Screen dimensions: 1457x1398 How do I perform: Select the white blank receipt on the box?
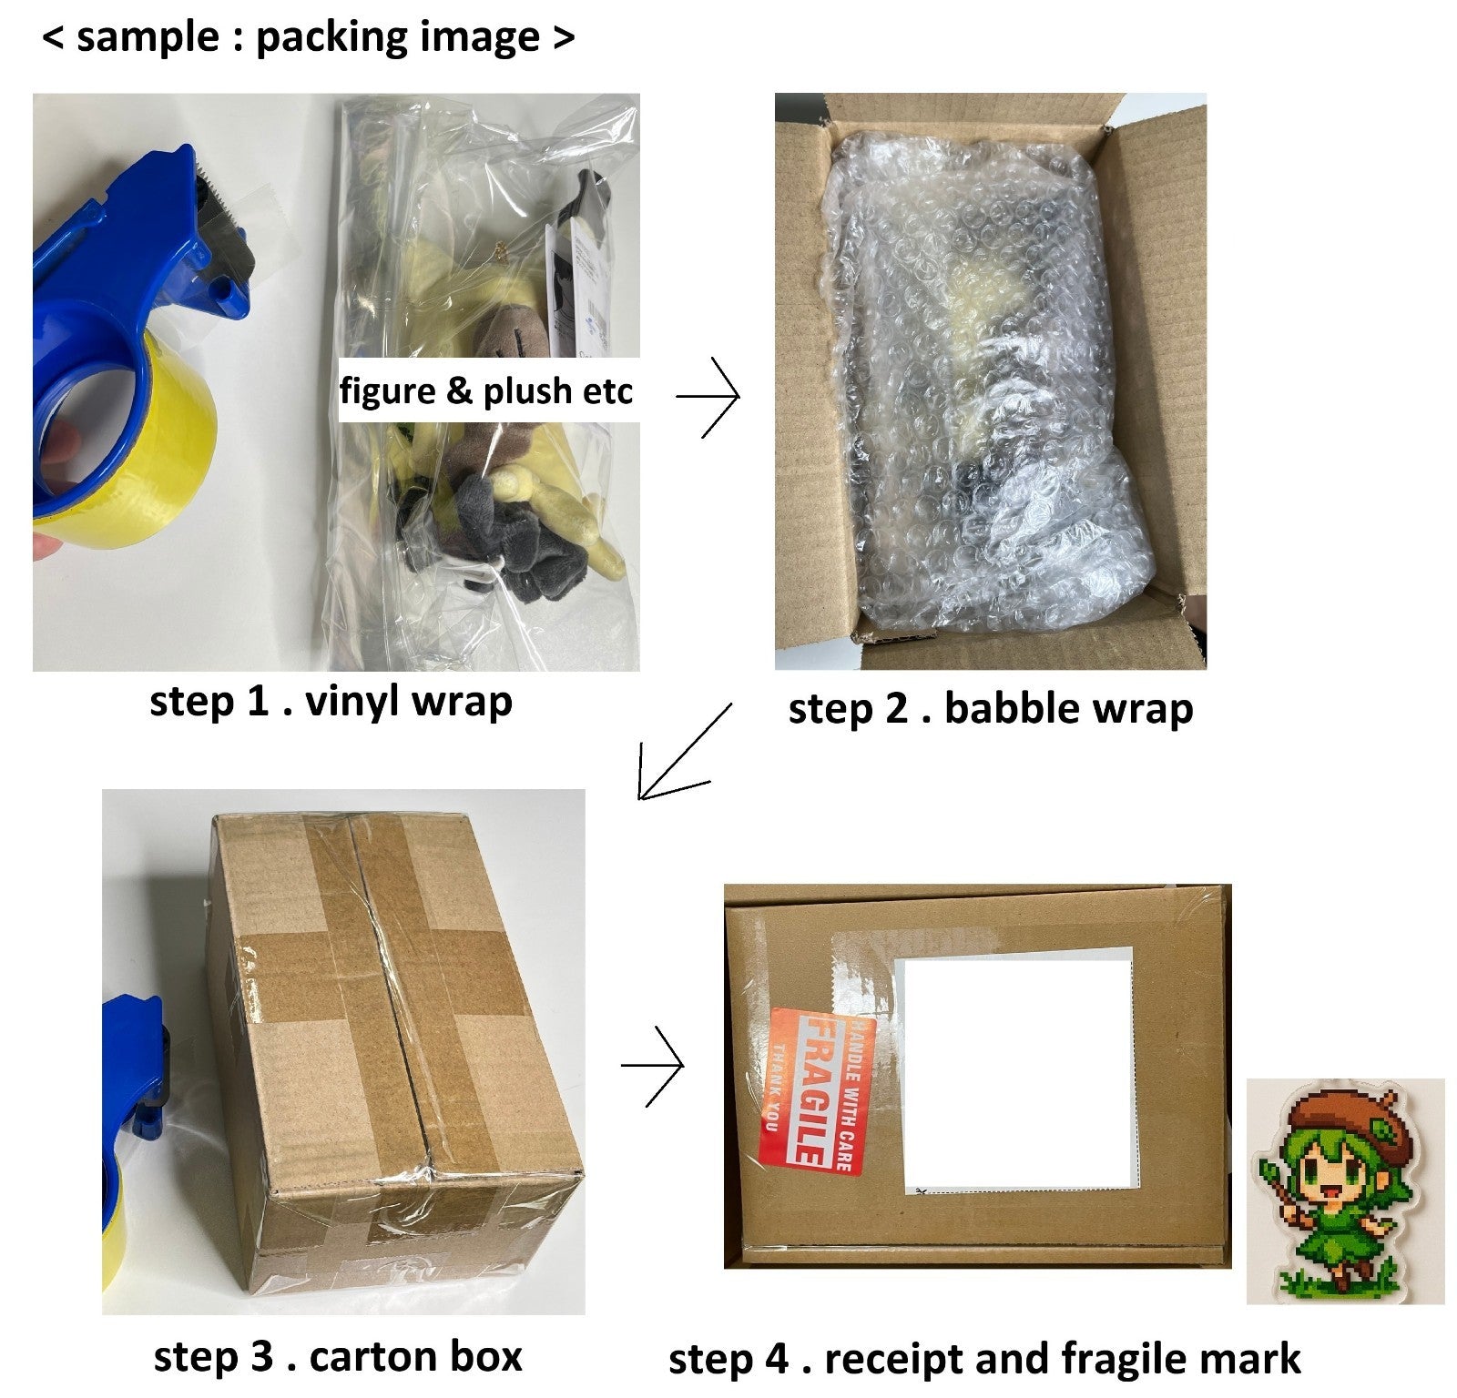(x=1018, y=1073)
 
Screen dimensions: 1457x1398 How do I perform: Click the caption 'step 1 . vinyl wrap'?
(x=331, y=702)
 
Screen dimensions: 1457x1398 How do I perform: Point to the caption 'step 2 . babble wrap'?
(x=991, y=709)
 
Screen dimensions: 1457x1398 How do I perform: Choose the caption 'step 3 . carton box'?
(x=338, y=1356)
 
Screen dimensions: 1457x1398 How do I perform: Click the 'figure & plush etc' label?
(x=486, y=390)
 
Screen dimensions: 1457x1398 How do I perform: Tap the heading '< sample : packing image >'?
(x=309, y=38)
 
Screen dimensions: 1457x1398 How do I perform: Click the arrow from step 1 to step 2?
(x=708, y=397)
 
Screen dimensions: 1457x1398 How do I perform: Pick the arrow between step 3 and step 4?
(x=652, y=1066)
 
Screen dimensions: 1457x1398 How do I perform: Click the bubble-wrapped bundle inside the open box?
(x=988, y=382)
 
